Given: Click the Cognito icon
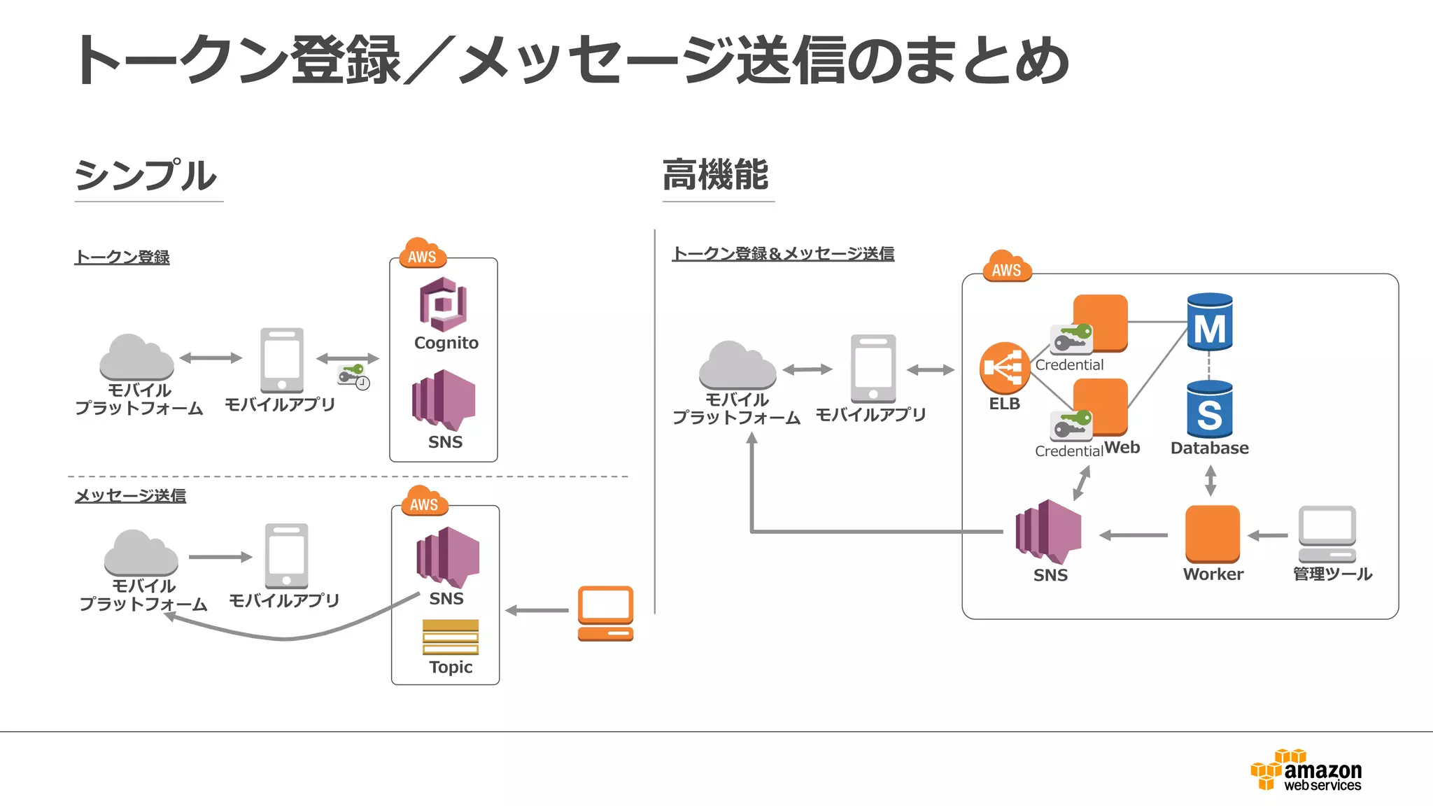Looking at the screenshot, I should [x=444, y=304].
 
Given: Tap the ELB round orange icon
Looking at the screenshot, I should [x=1004, y=367].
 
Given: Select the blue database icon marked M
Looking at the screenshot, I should [x=1210, y=323].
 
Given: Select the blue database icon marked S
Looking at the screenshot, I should [x=1210, y=409].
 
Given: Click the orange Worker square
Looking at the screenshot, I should [x=1212, y=534].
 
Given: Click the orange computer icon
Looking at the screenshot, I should [x=605, y=613].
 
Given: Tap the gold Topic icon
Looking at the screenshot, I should [x=451, y=636].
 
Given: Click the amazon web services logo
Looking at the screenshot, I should [x=1306, y=770].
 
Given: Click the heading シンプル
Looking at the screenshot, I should [x=146, y=175].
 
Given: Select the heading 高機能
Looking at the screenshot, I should [x=715, y=175].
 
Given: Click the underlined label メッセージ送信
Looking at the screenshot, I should [x=130, y=495].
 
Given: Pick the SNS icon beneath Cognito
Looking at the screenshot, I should [x=444, y=400].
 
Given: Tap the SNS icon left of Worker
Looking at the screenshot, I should [x=1048, y=532].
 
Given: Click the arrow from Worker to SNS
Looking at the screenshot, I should [x=1134, y=535].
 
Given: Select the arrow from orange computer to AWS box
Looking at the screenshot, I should [x=537, y=610].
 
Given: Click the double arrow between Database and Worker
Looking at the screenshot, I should [x=1210, y=481].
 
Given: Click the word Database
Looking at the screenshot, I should [x=1209, y=448].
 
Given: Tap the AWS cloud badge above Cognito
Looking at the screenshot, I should [x=422, y=255].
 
